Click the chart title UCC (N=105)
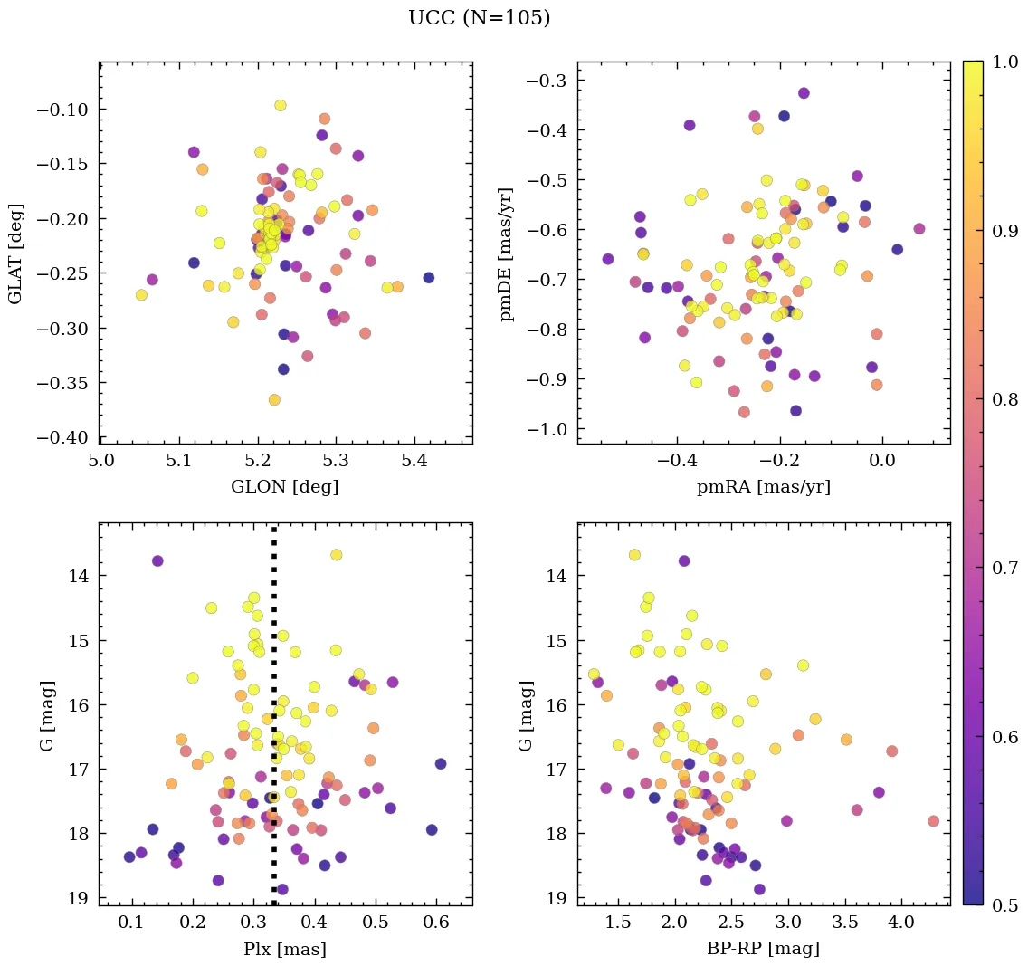[x=479, y=18]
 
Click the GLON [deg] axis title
[x=285, y=487]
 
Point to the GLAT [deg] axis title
[x=15, y=253]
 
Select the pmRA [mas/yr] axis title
[x=763, y=487]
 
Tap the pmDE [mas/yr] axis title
[x=507, y=253]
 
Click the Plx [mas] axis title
[x=285, y=949]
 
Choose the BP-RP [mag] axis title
[x=763, y=949]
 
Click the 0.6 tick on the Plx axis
[x=436, y=924]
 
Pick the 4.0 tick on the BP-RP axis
[x=901, y=924]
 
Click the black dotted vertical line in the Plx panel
[x=274, y=724]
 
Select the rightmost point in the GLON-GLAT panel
[x=428, y=278]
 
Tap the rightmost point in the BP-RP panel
[x=933, y=821]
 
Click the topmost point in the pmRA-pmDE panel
[x=803, y=93]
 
